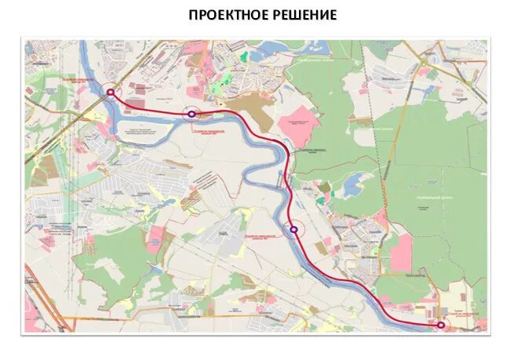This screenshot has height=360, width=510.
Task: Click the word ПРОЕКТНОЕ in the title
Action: click(227, 15)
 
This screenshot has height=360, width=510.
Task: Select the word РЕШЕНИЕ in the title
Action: click(303, 15)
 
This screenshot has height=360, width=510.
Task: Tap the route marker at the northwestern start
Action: click(111, 92)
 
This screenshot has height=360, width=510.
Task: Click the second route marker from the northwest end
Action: click(191, 114)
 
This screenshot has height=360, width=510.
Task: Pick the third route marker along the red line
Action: click(293, 230)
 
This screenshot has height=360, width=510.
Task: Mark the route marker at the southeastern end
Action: click(441, 324)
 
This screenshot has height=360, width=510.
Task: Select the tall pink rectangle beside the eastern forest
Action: click(401, 253)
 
